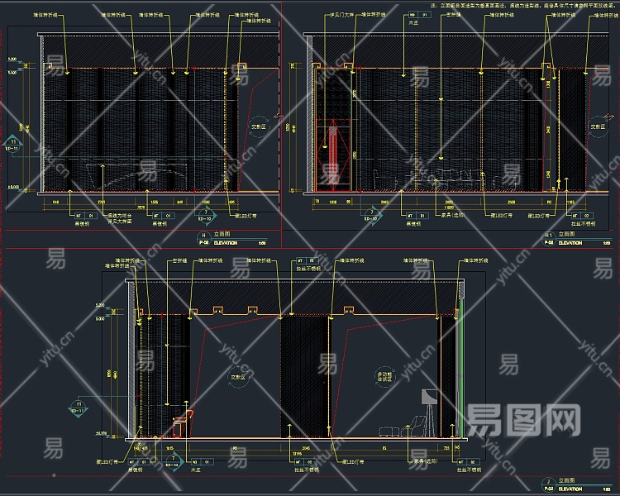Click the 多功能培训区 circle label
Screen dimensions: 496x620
click(x=384, y=376)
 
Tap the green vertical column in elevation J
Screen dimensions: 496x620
click(x=459, y=372)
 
